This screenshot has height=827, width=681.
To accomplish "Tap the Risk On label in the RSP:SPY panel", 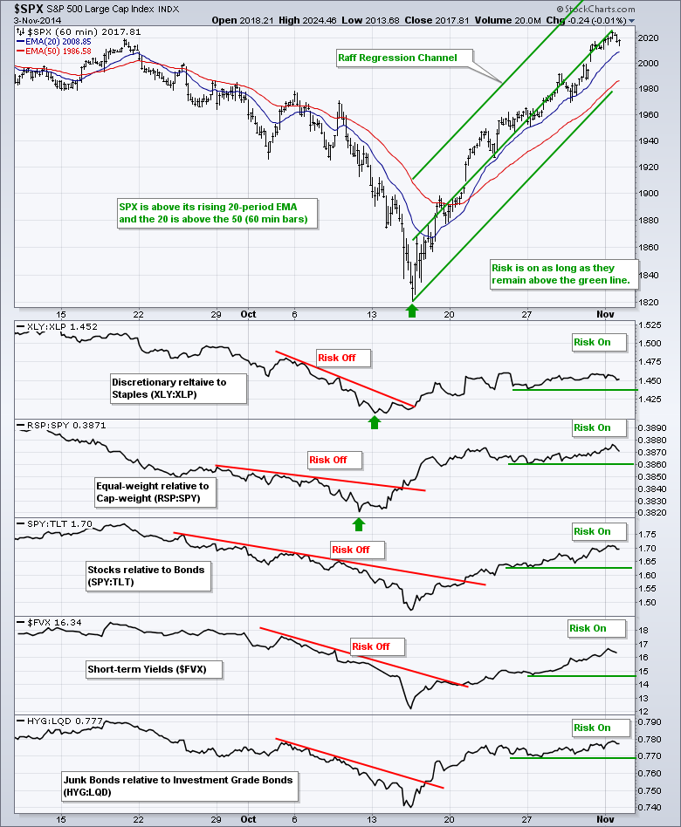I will click(592, 427).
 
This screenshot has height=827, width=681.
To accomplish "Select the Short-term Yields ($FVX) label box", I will click(154, 669).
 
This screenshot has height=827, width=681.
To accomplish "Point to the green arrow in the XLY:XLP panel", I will click(375, 422).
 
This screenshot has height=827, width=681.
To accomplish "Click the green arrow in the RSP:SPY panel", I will click(358, 524).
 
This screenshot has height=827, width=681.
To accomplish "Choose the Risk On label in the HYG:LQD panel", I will click(592, 728).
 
